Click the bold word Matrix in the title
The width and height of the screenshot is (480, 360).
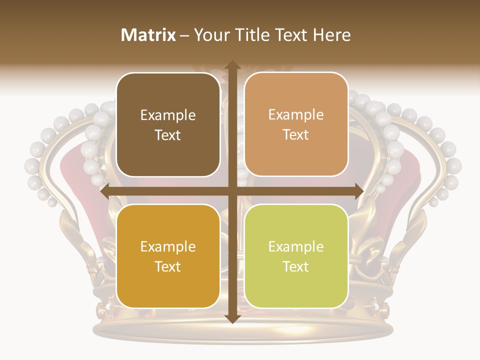point(148,35)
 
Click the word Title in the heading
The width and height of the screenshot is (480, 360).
point(248,35)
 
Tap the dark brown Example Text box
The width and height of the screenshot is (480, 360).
point(168,124)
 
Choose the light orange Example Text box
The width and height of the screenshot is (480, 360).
point(296,124)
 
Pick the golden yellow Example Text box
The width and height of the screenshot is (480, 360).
point(168,256)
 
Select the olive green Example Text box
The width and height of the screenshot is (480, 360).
point(296,256)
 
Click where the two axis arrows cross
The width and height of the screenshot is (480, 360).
point(232,191)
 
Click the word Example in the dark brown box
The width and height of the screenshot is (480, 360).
point(168,115)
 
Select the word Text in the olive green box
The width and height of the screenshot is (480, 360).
point(296,266)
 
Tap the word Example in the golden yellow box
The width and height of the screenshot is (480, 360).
point(168,247)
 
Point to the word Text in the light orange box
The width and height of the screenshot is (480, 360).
point(296,134)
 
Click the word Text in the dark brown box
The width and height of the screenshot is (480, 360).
point(168,135)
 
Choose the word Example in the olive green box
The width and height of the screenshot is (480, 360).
point(296,247)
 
